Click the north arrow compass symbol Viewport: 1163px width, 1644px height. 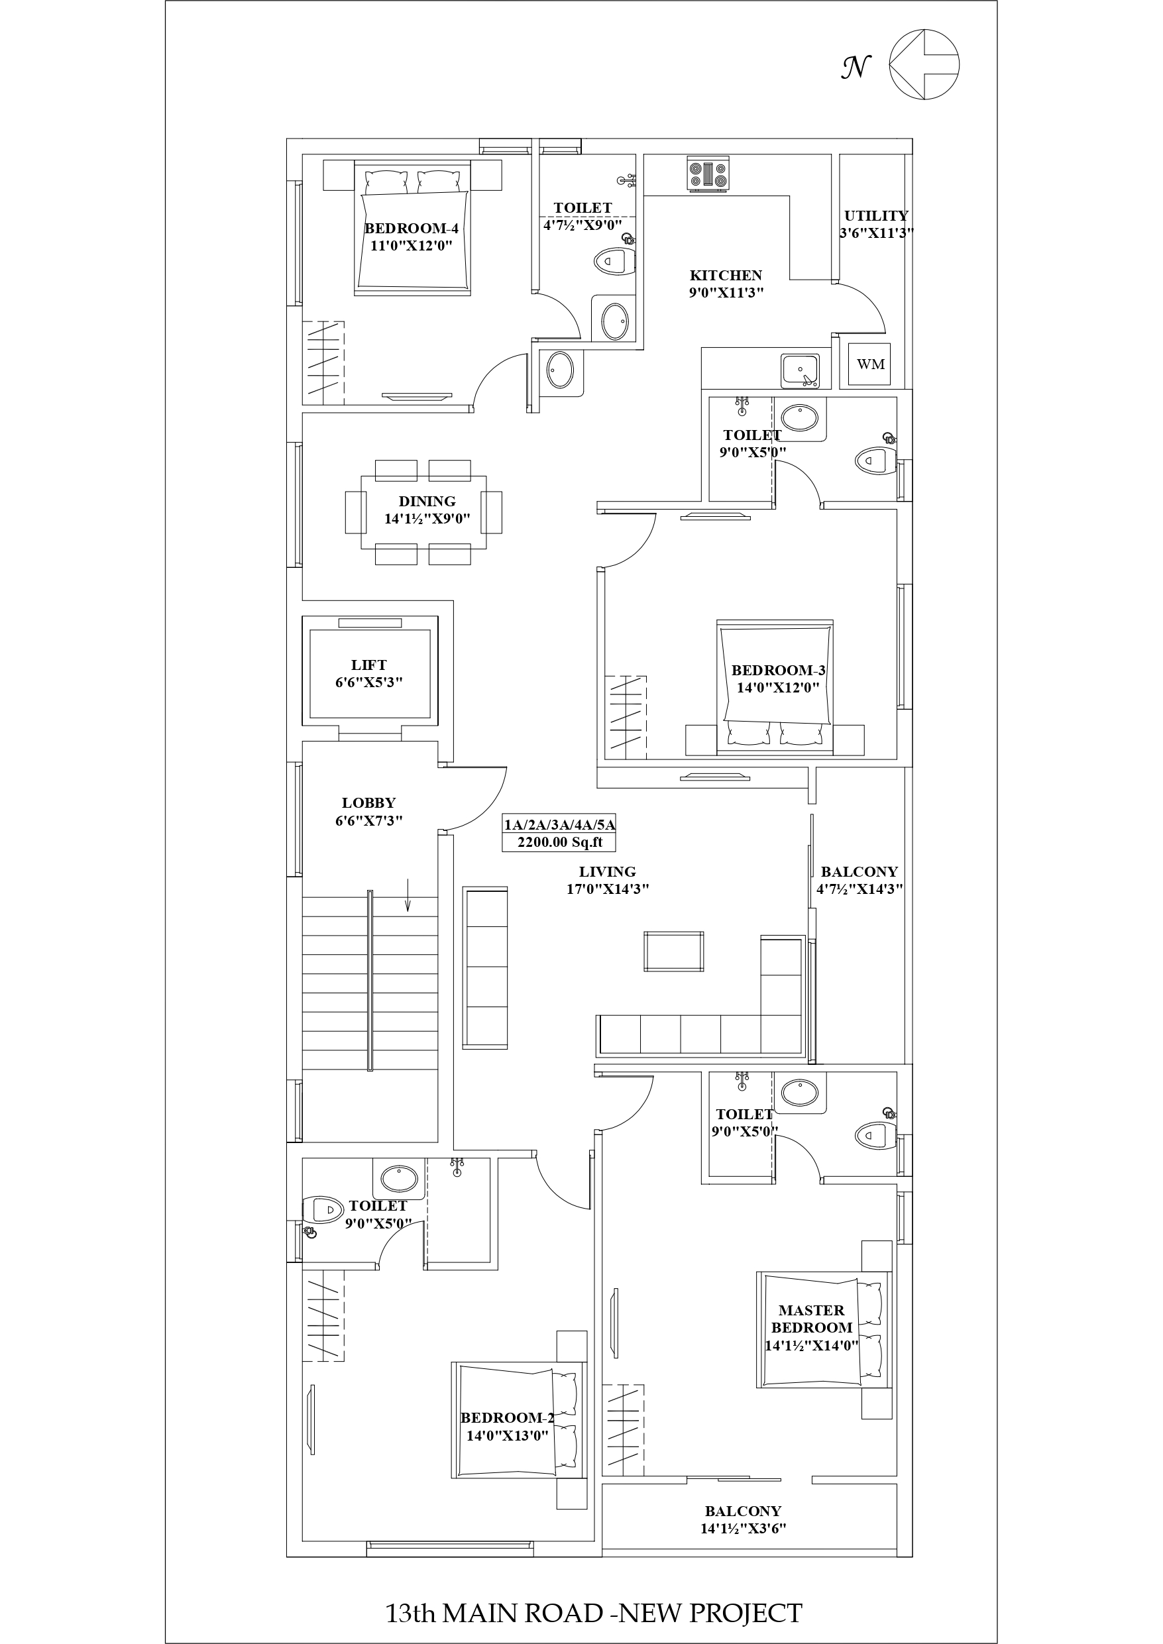(924, 64)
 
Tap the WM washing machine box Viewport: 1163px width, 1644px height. (871, 364)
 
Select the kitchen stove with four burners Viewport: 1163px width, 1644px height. (708, 174)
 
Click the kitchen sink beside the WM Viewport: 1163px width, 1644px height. (801, 370)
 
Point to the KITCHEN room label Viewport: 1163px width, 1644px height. (726, 276)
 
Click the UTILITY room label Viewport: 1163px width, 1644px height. (876, 215)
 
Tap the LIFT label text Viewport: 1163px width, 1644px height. (369, 665)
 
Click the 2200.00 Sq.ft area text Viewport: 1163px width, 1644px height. (560, 842)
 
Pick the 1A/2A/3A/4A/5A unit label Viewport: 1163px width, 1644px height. (559, 824)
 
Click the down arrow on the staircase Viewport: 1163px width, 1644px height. (408, 895)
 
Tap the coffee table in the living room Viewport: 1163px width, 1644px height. (673, 952)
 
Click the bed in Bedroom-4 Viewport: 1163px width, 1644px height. (412, 228)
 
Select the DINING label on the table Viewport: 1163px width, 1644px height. (427, 501)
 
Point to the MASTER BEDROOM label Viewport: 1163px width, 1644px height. (811, 1318)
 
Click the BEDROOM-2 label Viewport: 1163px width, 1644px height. (507, 1418)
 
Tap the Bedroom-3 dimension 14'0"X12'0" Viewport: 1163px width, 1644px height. (778, 688)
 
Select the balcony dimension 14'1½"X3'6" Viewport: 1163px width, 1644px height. (744, 1529)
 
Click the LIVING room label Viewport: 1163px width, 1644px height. (607, 872)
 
